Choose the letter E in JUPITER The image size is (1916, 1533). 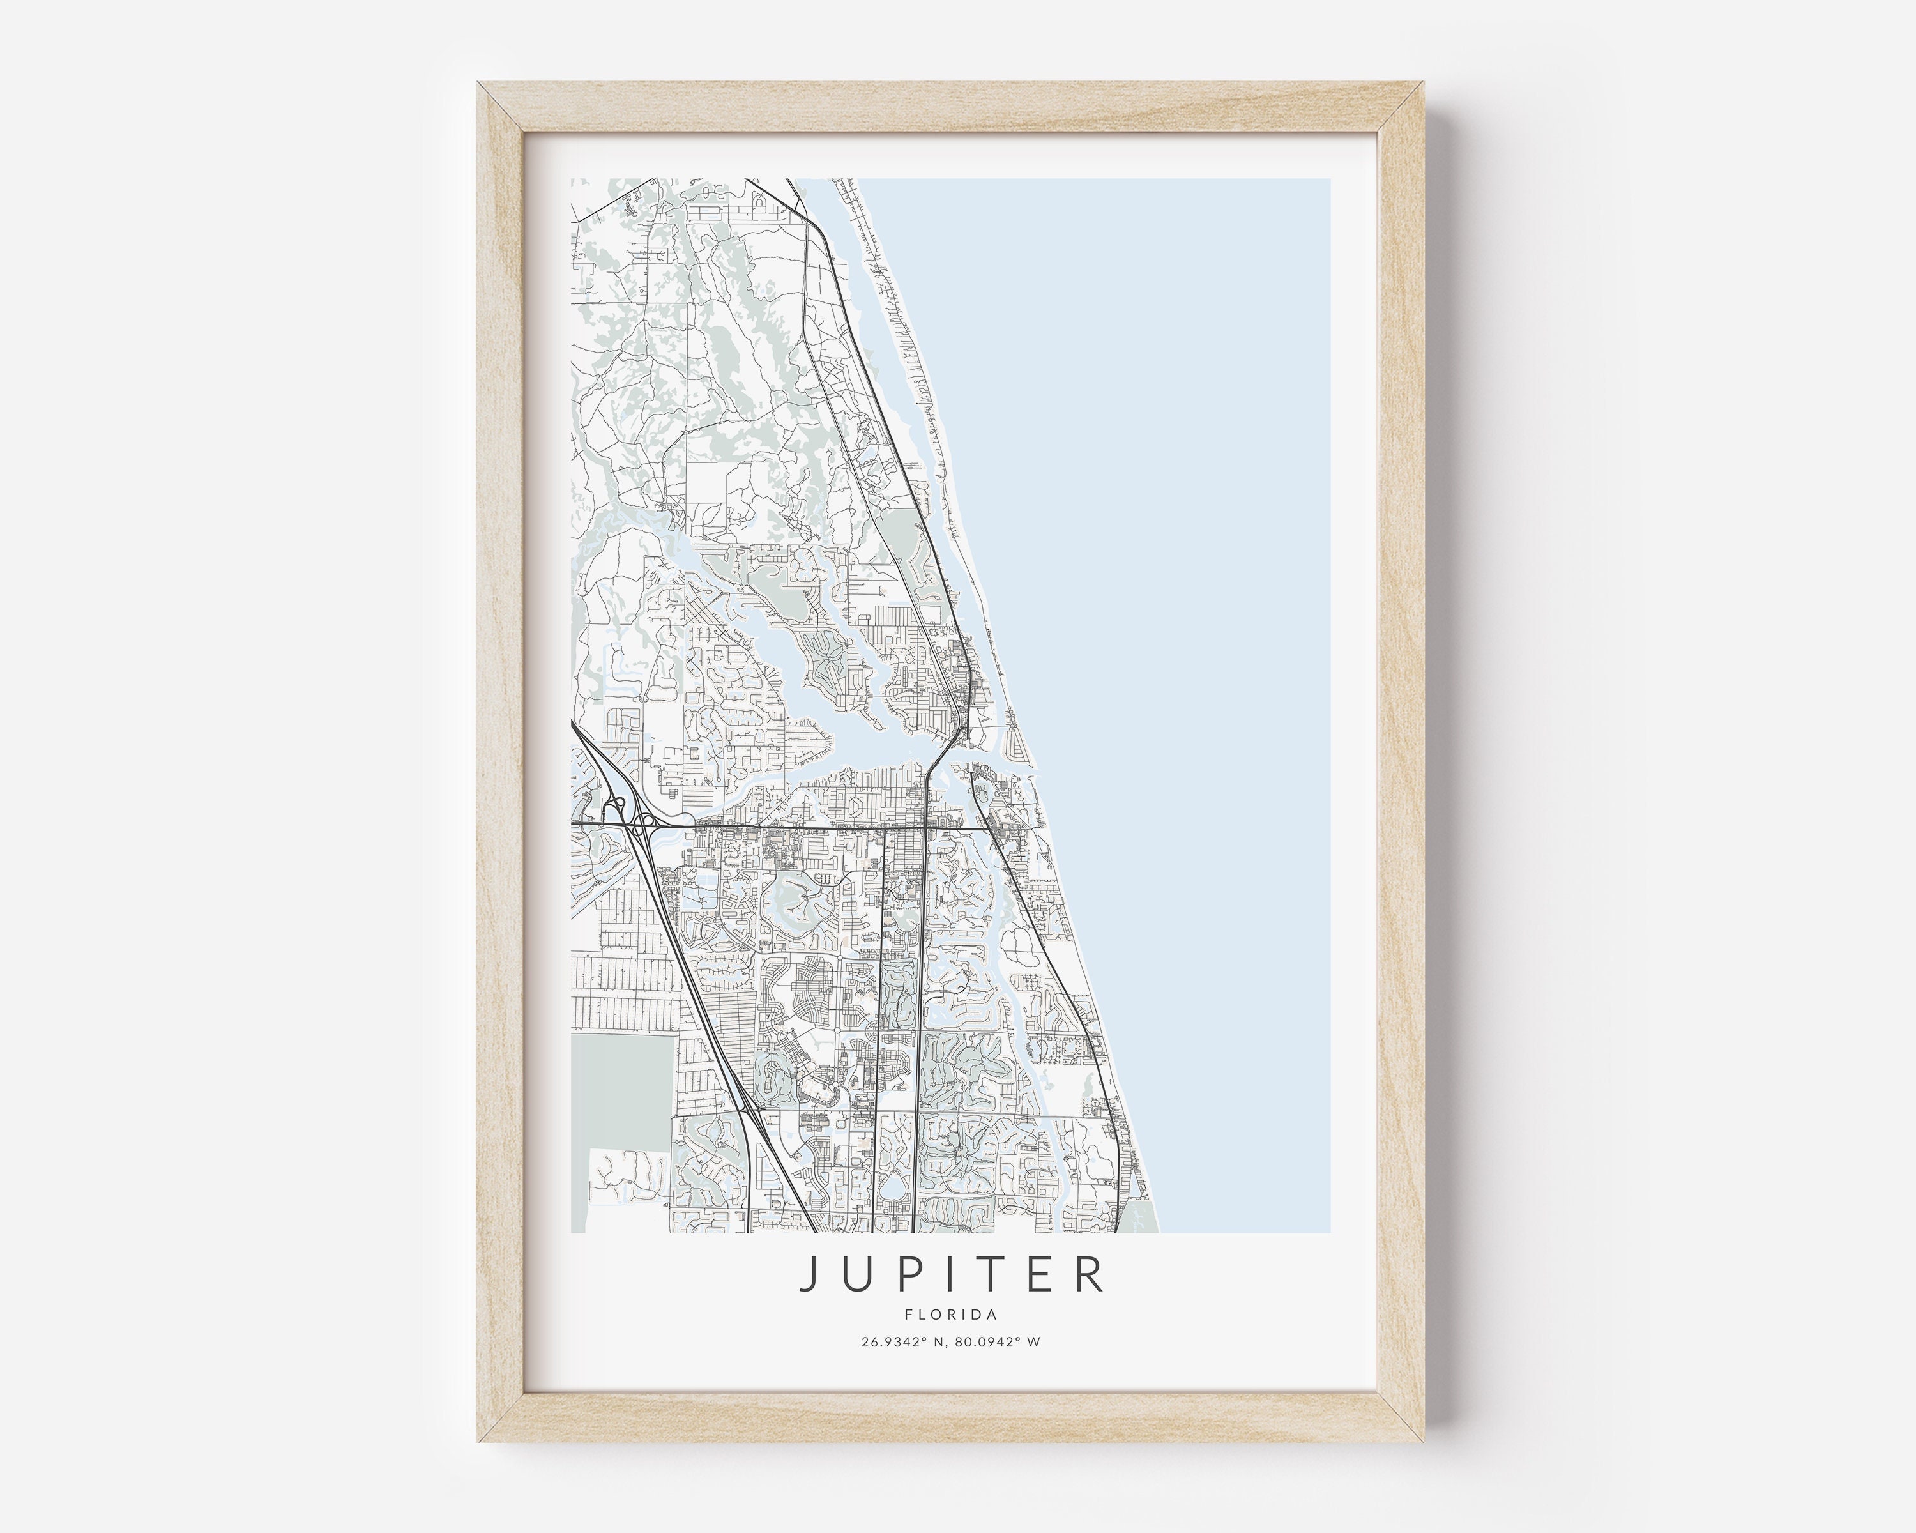pyautogui.click(x=1037, y=1274)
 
